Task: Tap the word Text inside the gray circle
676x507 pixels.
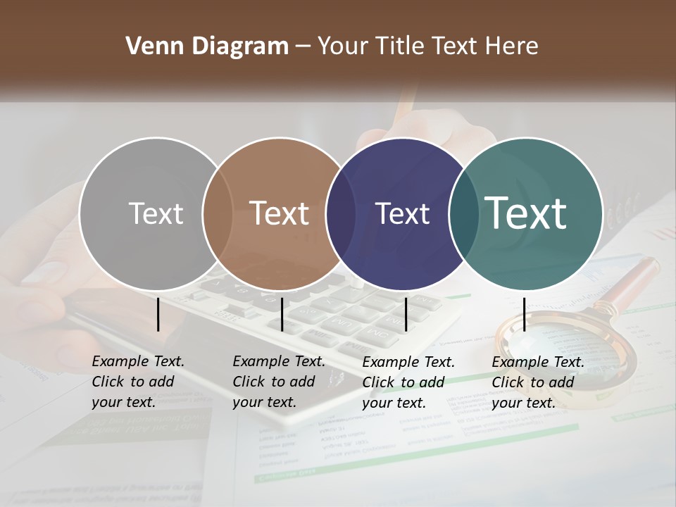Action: tap(156, 213)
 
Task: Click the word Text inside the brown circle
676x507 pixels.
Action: tap(280, 213)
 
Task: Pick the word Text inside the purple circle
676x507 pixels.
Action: tap(402, 213)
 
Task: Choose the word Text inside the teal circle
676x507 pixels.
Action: tap(526, 213)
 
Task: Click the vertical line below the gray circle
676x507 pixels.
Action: tap(158, 314)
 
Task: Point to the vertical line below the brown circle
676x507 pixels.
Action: tap(282, 314)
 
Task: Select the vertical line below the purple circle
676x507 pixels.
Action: tap(406, 314)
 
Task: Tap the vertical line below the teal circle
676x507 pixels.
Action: tap(525, 314)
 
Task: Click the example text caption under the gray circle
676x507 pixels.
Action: tap(138, 382)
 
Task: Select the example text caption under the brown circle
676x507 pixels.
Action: tap(279, 382)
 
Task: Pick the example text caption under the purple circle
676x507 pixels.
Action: tap(408, 382)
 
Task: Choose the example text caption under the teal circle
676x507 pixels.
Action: tap(538, 382)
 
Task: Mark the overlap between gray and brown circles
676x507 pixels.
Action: tap(218, 213)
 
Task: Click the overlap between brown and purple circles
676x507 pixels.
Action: tap(341, 213)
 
